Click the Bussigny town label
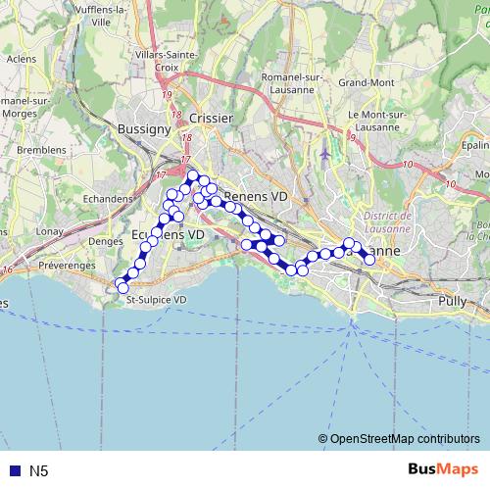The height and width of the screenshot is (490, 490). tap(144, 129)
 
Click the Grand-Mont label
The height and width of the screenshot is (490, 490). tap(367, 83)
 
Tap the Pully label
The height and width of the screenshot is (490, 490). tap(454, 301)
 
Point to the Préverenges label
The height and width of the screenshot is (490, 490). tap(66, 266)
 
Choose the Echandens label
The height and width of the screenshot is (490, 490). tap(108, 198)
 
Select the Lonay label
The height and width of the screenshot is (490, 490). tap(50, 231)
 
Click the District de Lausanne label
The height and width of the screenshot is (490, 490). tap(384, 220)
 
